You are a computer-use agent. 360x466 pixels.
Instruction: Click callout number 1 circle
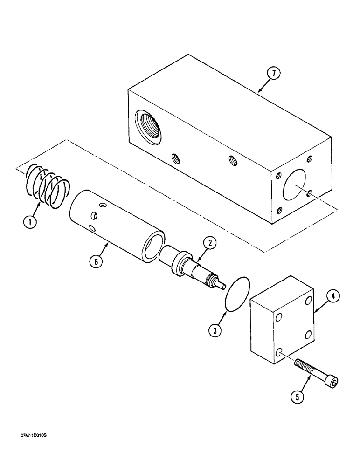click(x=30, y=223)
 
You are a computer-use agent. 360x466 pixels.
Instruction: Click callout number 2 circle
click(x=209, y=242)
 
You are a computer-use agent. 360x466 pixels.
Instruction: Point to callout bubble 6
click(x=96, y=262)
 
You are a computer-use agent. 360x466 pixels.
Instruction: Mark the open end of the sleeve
click(x=153, y=247)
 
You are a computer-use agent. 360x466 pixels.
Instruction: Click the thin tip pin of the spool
click(x=222, y=285)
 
